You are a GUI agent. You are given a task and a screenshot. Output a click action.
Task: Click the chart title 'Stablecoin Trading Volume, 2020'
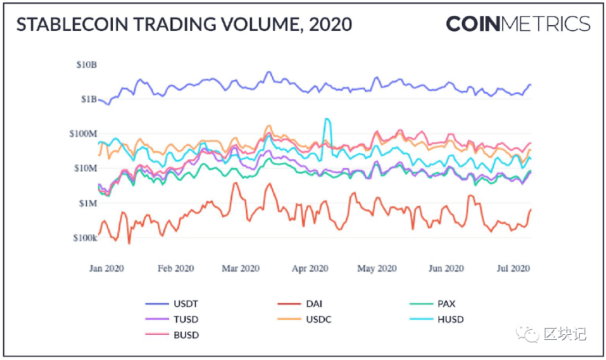point(185,24)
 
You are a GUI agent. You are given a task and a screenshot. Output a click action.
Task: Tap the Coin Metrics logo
point(518,24)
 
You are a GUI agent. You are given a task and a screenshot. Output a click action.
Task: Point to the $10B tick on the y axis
point(86,64)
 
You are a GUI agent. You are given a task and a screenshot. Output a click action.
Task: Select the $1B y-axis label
point(89,99)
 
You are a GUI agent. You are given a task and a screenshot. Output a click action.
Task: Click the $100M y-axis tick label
point(83,133)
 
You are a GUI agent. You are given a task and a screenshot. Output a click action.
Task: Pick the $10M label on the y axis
point(85,168)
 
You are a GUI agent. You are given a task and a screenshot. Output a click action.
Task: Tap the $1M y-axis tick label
point(88,203)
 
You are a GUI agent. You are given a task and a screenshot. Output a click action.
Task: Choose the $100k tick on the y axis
point(85,238)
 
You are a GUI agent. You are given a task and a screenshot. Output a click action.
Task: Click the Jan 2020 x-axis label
point(107,269)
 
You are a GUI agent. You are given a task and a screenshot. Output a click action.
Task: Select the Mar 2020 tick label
point(240,269)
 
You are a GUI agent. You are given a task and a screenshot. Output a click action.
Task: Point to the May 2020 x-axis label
point(377,269)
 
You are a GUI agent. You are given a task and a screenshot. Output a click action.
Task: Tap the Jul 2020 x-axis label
point(513,269)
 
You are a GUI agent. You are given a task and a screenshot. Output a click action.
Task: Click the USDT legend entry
point(172,304)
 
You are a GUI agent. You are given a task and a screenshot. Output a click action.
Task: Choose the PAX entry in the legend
point(433,304)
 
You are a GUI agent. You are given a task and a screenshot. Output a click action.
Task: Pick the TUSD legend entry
point(172,320)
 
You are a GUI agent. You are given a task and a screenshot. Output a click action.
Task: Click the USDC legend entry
point(305,320)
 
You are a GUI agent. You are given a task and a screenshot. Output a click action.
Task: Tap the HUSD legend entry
point(437,320)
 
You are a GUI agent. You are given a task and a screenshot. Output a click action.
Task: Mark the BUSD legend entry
point(172,335)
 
